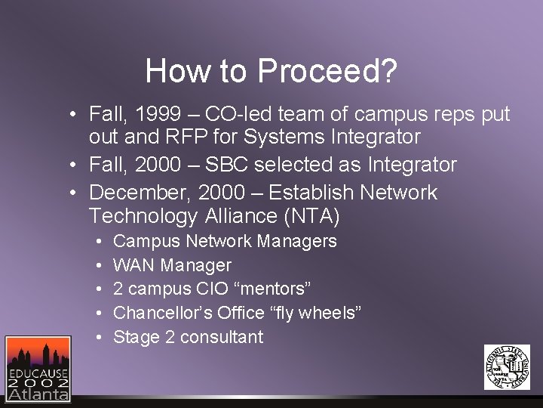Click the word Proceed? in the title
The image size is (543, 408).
327,72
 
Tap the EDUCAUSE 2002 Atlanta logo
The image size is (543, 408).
38,369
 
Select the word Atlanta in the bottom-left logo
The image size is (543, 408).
38,393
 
